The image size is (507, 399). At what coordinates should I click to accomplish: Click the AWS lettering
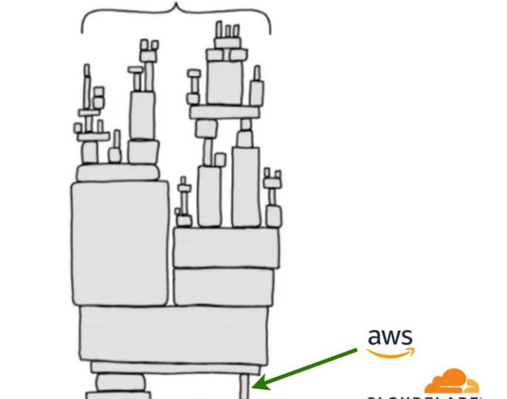[x=391, y=335]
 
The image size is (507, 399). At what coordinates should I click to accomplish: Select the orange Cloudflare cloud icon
[x=450, y=381]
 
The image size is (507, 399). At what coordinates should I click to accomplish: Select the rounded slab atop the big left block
[x=118, y=171]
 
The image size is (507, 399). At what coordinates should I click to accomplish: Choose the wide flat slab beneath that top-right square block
[x=223, y=111]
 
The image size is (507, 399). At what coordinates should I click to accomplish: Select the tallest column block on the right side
[x=245, y=187]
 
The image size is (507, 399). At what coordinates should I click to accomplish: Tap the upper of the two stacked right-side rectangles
[x=226, y=248]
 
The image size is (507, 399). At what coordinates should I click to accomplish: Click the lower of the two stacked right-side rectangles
[x=226, y=287]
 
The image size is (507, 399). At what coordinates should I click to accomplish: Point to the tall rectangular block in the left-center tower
[x=142, y=116]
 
